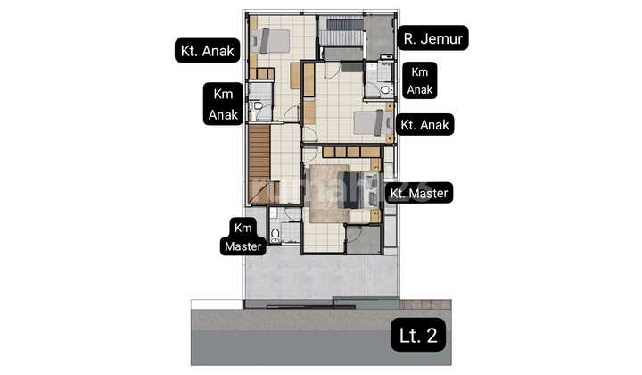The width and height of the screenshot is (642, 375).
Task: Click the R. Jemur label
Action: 435,38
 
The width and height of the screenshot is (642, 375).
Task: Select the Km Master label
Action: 243,237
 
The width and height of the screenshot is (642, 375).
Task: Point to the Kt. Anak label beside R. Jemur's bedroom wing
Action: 206,51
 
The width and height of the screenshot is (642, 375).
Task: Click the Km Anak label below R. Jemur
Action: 419,81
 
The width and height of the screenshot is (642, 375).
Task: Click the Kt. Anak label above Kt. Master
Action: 425,124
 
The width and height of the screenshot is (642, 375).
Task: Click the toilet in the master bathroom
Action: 276,234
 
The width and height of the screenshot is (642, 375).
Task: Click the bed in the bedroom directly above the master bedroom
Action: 370,123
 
